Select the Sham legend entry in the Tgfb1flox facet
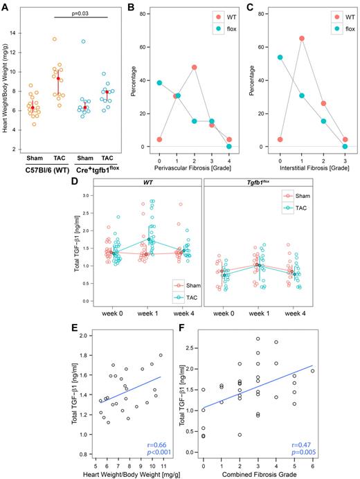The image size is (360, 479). [309, 197]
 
